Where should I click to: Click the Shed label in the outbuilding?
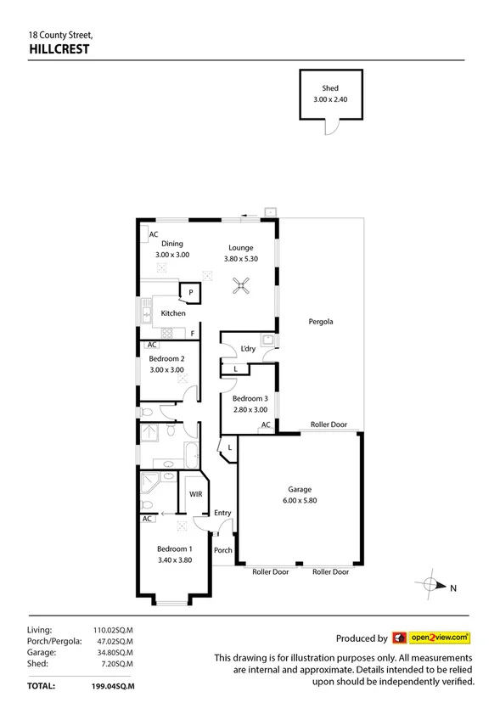329,88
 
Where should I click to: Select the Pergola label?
321,322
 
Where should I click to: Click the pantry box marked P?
190,294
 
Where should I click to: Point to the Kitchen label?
173,313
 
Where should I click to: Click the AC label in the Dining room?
154,235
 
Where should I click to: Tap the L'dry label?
248,349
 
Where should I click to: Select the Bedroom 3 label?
250,398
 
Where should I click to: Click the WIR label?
194,493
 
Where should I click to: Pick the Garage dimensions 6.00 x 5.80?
300,500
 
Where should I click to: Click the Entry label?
222,513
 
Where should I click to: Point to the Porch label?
222,550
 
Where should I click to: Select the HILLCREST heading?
59,49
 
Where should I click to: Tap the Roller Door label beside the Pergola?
329,424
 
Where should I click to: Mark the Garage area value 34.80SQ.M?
118,652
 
